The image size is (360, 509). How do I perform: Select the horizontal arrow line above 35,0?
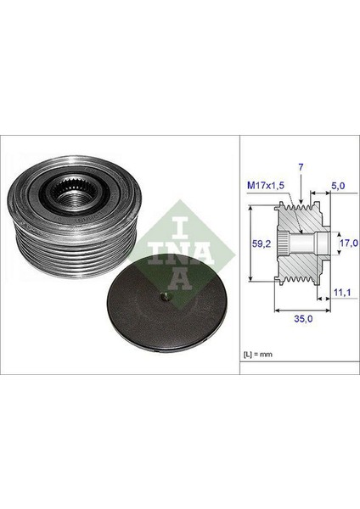click(x=295, y=312)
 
